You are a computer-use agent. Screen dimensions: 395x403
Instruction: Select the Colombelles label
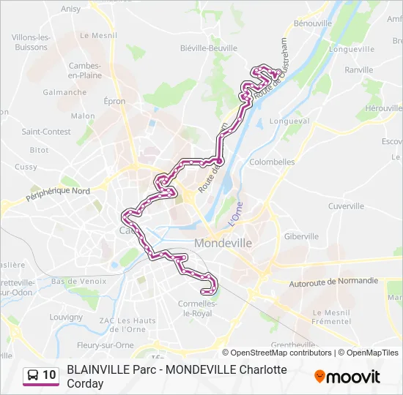[x=272, y=162]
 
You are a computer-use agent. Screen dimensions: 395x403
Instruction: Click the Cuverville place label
[x=346, y=206]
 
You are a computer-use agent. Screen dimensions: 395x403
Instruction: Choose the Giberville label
[x=301, y=236]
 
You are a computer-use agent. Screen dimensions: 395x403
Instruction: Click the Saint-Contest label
[x=46, y=132]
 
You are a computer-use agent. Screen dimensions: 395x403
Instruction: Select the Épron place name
[x=114, y=102]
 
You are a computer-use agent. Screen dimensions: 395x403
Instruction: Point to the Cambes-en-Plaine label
[x=85, y=69]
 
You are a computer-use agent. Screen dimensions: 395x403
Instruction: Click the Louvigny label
[x=66, y=317]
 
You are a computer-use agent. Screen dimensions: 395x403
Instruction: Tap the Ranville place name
[x=359, y=70]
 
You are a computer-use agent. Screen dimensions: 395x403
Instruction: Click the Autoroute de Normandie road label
[x=333, y=281]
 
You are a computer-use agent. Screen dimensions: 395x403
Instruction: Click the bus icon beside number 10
[x=33, y=376]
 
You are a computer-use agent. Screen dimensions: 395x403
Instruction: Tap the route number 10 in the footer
[x=49, y=375]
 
